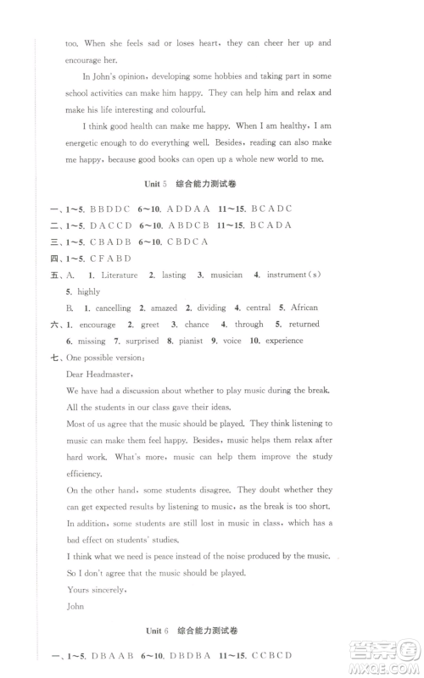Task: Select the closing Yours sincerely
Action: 96,589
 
